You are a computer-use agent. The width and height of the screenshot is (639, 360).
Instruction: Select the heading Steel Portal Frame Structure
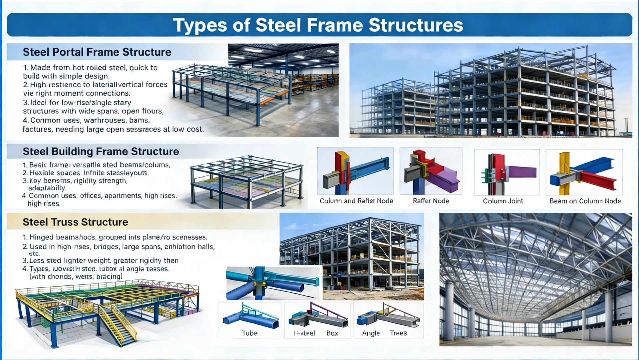[x=97, y=52]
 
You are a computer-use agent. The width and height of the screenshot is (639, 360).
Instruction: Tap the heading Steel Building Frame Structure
[x=101, y=152]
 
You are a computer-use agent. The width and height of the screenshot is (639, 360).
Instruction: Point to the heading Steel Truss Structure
[x=75, y=222]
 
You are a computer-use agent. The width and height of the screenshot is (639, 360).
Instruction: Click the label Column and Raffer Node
[x=356, y=201]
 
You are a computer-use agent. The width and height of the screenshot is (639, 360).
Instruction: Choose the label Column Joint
[x=503, y=201]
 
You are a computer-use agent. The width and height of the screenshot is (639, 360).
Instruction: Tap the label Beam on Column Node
[x=585, y=201]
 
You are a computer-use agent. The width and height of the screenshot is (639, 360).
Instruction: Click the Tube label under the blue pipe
[x=249, y=333]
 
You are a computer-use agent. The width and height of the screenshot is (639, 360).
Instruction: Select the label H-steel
[x=304, y=333]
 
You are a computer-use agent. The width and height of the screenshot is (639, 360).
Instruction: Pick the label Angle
[x=371, y=333]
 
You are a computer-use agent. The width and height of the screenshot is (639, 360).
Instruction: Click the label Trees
[x=398, y=333]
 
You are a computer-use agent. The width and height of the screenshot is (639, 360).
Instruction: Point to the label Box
[x=332, y=333]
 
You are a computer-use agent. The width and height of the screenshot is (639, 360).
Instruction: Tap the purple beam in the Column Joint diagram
[x=522, y=172]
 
